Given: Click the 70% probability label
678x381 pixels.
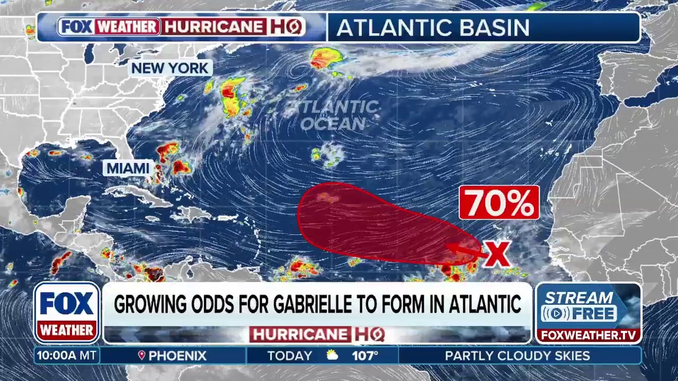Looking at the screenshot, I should click(499, 203).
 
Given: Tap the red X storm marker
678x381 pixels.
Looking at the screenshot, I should click(497, 254).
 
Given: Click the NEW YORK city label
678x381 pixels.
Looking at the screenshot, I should click(170, 68).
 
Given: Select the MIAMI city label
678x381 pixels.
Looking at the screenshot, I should click(128, 168).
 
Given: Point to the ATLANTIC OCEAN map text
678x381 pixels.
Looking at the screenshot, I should click(334, 115).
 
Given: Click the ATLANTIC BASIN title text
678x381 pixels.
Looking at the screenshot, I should click(433, 28).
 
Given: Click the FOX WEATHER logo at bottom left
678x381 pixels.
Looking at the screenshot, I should click(67, 312).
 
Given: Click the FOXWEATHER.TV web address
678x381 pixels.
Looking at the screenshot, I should click(588, 335).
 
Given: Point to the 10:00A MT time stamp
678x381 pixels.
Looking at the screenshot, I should click(67, 356).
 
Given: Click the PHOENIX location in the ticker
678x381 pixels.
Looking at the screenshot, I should click(177, 356).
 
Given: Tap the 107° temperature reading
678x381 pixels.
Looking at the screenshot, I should click(365, 356).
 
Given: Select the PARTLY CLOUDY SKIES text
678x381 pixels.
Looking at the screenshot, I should click(517, 356).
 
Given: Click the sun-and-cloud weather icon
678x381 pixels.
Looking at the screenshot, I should click(332, 356).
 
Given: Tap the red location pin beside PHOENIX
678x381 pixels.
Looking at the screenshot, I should click(141, 356).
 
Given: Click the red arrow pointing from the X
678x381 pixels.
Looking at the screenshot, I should click(464, 250).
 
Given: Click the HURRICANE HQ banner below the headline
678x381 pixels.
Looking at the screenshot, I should click(317, 334).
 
